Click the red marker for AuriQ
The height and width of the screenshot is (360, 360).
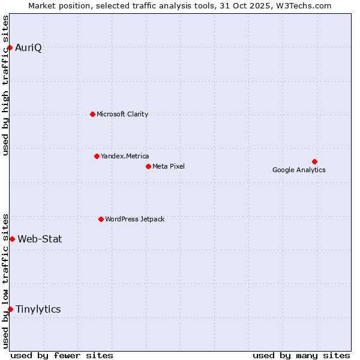coord(10,47)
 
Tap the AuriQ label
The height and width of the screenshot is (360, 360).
coord(28,48)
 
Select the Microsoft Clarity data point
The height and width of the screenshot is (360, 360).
coord(92,114)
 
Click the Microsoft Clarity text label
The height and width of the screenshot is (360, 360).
coord(122,114)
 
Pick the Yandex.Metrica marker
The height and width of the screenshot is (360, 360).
coord(97,156)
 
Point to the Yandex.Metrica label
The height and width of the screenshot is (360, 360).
coord(125,156)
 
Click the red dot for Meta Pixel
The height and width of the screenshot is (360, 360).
coord(148,166)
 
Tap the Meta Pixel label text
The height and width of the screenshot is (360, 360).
coord(169,166)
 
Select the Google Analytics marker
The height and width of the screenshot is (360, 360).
coord(314,161)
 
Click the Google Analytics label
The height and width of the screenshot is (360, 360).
coord(299,170)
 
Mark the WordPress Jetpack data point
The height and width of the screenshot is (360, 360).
coord(101,219)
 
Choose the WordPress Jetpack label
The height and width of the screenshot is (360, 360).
coord(134,219)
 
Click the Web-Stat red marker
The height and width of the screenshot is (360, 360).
coord(12,239)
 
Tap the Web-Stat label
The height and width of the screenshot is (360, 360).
coord(40,239)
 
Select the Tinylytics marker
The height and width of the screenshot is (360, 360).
coord(10,309)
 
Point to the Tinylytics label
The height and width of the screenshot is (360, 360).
coord(38,309)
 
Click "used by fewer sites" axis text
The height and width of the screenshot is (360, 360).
coord(62,355)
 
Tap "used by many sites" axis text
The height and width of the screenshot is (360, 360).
coord(301,355)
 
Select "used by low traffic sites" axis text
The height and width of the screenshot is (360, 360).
coord(6,280)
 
